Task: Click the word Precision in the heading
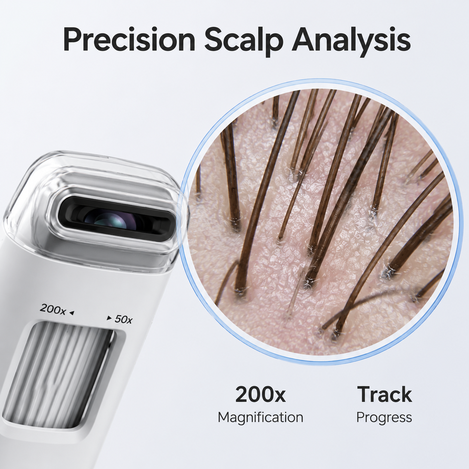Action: click(x=129, y=39)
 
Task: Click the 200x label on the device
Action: click(x=52, y=309)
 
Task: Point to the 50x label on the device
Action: click(x=123, y=319)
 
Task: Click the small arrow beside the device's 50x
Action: click(x=109, y=318)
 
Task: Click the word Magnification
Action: click(x=260, y=417)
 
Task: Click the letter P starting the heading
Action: click(x=72, y=39)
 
